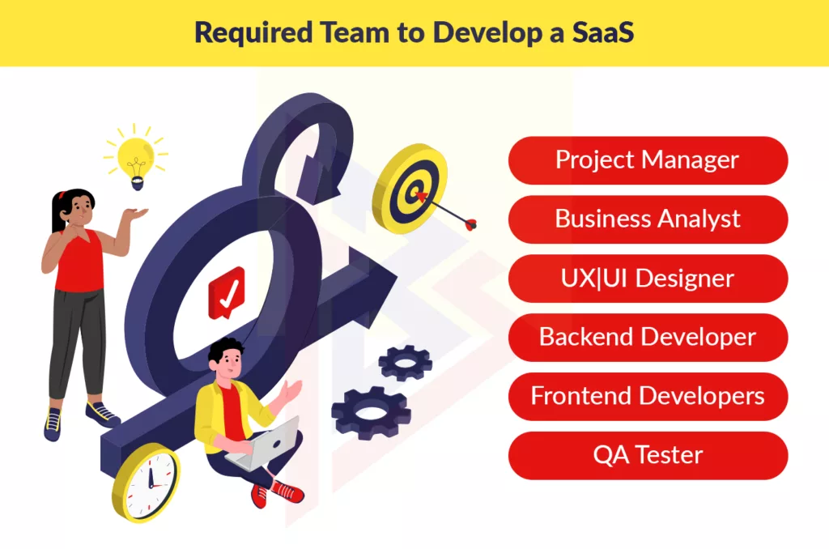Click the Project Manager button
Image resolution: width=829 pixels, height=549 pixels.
pyautogui.click(x=648, y=160)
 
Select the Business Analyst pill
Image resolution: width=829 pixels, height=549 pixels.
pyautogui.click(x=648, y=219)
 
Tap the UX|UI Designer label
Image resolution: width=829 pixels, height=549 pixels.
pyautogui.click(x=648, y=279)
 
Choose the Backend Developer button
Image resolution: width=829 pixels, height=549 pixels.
pyautogui.click(x=648, y=338)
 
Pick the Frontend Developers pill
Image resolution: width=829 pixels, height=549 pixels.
pyautogui.click(x=648, y=397)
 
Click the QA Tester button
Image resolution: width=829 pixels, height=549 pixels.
pyautogui.click(x=648, y=455)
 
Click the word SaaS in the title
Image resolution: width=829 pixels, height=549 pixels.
pyautogui.click(x=602, y=32)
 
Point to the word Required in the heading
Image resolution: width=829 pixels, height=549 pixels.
pyautogui.click(x=253, y=33)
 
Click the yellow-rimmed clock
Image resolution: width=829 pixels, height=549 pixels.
pyautogui.click(x=147, y=482)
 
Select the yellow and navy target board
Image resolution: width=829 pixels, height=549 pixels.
pyautogui.click(x=410, y=189)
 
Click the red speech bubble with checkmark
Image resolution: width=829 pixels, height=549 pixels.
pyautogui.click(x=227, y=293)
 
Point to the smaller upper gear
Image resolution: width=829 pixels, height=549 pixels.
pyautogui.click(x=406, y=363)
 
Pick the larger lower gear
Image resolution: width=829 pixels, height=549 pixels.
pyautogui.click(x=372, y=413)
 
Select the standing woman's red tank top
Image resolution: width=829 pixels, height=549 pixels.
pyautogui.click(x=80, y=261)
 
